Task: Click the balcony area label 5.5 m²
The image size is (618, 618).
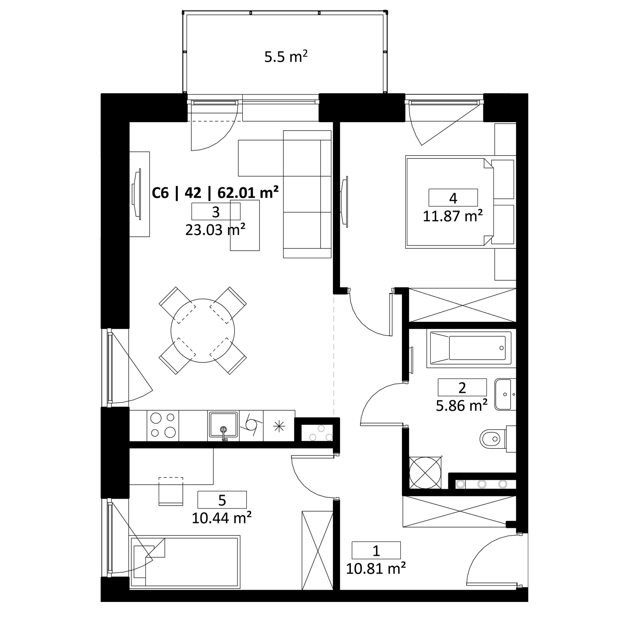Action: click(286, 57)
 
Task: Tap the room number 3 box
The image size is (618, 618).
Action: click(216, 212)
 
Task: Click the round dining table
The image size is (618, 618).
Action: click(203, 330)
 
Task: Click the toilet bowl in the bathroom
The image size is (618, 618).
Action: click(491, 439)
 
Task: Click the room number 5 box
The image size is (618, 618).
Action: click(222, 500)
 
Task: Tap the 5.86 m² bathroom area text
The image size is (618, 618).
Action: click(462, 406)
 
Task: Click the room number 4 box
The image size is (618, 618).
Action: click(453, 198)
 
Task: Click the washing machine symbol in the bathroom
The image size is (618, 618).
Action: click(425, 473)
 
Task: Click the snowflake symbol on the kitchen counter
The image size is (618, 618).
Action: click(279, 426)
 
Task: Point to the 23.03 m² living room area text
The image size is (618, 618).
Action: click(215, 230)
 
